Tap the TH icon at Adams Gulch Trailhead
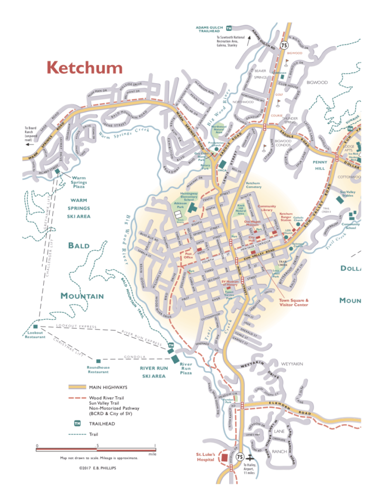click(229, 28)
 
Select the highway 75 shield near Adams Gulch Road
click(285, 45)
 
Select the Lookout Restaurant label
click(35, 335)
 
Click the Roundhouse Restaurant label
click(98, 370)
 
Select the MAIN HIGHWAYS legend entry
click(108, 387)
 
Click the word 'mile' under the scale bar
click(152, 453)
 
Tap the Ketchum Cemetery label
click(253, 185)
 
